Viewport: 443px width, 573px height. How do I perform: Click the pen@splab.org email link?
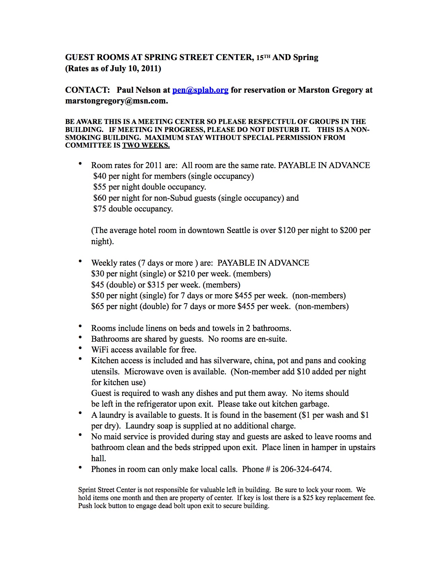point(200,90)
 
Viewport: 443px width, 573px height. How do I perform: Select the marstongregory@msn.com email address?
point(116,101)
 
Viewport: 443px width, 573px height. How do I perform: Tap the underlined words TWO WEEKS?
point(146,146)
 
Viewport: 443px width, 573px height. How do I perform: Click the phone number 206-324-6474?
point(305,469)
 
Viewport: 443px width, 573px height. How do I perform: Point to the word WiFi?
point(100,350)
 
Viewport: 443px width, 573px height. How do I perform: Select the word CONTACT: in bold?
point(88,90)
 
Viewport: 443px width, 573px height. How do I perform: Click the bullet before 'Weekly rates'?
point(81,261)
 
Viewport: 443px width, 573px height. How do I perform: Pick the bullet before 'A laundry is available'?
point(81,413)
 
